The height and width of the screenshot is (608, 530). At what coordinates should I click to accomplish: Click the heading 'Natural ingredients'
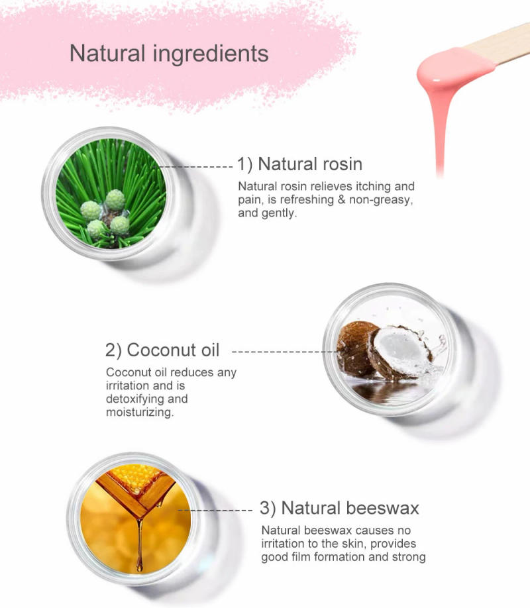coord(169,53)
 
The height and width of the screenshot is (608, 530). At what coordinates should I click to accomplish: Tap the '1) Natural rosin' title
coord(299,164)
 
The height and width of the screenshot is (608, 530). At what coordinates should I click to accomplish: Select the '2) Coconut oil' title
coord(162,349)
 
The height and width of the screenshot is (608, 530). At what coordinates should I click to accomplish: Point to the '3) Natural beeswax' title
coord(340,508)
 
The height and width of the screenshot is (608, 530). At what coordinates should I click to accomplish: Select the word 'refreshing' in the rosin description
coord(311,199)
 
